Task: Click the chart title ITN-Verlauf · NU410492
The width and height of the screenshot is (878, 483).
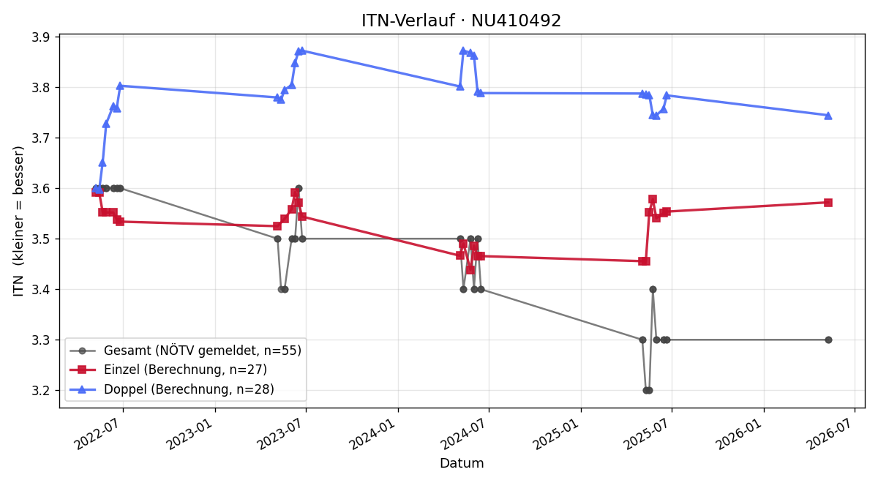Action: (461, 20)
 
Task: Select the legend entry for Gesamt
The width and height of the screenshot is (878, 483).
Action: (185, 351)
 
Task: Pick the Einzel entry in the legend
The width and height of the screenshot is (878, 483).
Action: (168, 370)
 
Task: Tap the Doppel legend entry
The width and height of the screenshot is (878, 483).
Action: (172, 389)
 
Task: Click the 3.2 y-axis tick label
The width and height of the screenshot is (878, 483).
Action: (41, 391)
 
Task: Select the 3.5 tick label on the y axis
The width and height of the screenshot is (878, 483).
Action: (41, 239)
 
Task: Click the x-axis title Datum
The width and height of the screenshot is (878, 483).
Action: (462, 463)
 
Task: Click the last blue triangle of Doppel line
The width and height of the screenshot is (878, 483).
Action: (828, 116)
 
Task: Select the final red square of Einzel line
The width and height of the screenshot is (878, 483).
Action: (828, 203)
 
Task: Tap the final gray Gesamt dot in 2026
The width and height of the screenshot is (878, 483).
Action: (828, 340)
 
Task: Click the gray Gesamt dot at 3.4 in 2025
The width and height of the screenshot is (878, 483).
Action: (653, 290)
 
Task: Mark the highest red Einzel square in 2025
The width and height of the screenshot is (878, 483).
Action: (653, 200)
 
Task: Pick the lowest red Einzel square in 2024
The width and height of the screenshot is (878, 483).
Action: (470, 270)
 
